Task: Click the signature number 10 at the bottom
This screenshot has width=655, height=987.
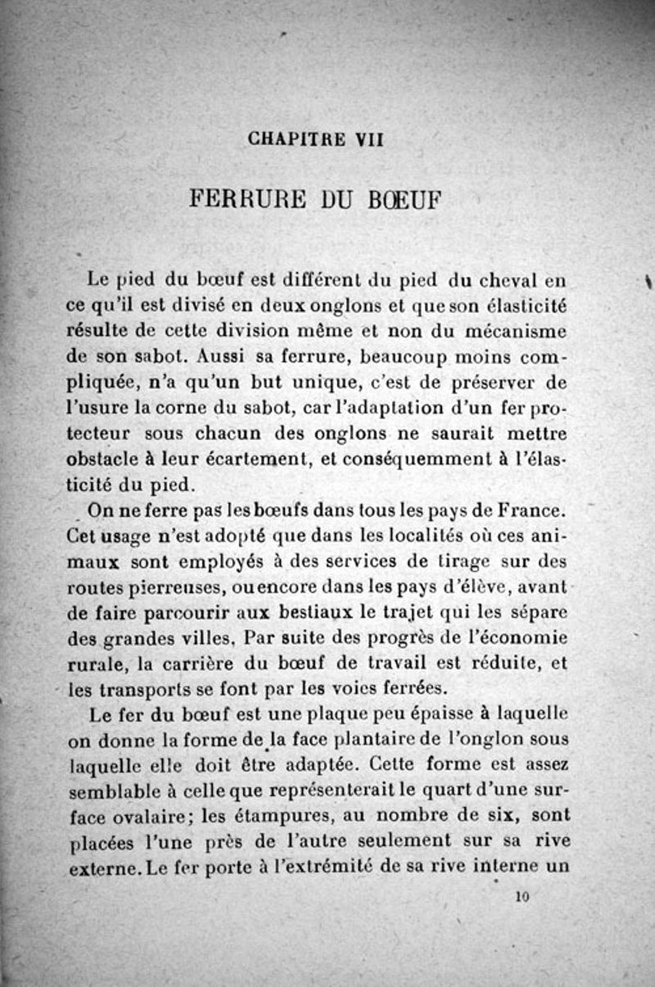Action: [x=524, y=897]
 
